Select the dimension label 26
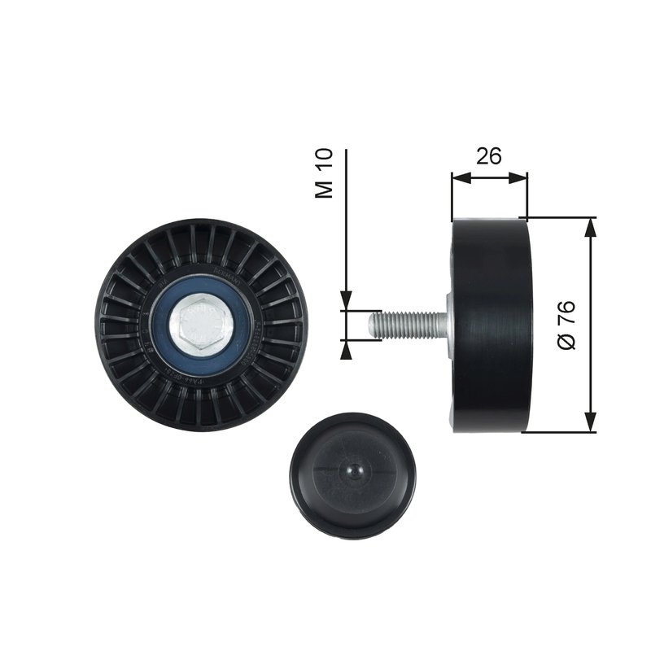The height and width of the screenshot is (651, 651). (488, 155)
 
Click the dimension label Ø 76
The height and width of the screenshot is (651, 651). (567, 325)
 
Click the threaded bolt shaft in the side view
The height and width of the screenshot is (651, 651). (403, 325)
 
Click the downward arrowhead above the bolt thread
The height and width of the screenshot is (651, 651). (346, 302)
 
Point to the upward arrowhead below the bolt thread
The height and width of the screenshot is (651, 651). (346, 349)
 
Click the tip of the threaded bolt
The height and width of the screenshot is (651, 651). (372, 325)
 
